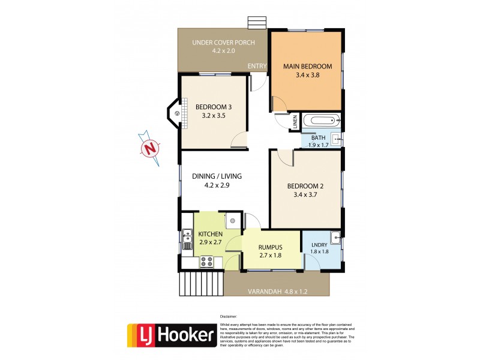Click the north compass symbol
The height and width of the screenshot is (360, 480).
[150, 148]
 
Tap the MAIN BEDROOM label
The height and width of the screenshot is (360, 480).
[307, 66]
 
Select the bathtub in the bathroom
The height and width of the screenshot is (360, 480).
[321, 121]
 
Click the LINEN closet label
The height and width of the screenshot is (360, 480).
[295, 122]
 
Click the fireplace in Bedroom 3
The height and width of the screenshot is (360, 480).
[175, 112]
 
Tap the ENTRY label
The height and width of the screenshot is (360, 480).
[257, 67]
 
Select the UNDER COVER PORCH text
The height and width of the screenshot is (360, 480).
[223, 43]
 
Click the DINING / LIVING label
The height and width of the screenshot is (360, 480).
[217, 176]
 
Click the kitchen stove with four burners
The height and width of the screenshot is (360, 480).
[207, 262]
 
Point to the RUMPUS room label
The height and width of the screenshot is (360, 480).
[270, 247]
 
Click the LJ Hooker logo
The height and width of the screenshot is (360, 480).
[172, 335]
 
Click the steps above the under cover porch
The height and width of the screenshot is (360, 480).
[257, 23]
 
